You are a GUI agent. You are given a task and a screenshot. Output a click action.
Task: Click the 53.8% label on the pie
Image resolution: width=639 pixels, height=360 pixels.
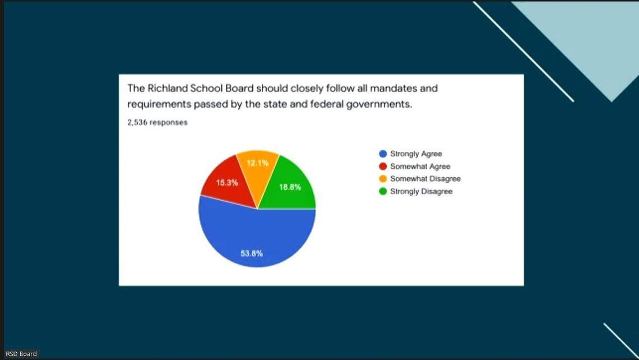252,253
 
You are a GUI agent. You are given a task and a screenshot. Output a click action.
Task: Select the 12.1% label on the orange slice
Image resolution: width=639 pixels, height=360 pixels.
258,163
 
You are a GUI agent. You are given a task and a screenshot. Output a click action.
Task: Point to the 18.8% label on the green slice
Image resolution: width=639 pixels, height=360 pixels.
290,187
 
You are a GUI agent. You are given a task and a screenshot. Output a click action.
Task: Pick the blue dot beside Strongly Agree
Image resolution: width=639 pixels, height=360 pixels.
383,154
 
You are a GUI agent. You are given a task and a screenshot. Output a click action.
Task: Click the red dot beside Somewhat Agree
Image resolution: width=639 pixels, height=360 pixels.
383,167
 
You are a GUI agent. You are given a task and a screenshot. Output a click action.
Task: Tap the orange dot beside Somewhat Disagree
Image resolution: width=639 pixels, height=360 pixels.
383,179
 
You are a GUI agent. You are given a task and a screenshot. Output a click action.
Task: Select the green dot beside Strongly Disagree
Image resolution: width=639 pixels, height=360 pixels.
383,192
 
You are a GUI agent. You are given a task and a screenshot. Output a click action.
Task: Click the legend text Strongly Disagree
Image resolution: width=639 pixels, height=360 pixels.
421,192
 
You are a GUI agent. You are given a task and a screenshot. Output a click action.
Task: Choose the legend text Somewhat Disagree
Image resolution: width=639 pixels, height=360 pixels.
425,179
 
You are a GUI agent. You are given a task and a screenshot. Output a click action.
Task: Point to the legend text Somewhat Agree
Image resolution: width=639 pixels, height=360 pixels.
420,167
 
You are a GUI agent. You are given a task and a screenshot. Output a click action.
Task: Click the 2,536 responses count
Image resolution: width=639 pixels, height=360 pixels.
158,122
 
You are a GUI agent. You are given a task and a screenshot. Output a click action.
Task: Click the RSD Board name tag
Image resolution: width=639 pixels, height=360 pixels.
21,354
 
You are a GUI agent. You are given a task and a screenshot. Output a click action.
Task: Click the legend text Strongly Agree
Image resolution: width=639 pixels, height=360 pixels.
416,154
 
